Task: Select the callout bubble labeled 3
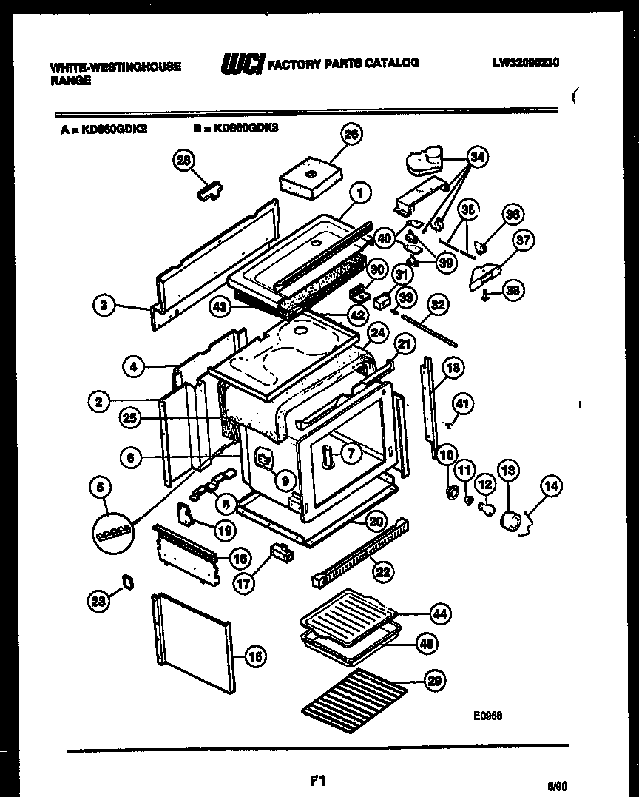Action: [x=105, y=305]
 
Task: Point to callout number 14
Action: [x=551, y=487]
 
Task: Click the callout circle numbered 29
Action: [x=435, y=681]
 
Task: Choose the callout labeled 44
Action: [x=441, y=613]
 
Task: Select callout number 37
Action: [x=524, y=240]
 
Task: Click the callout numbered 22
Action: [x=384, y=571]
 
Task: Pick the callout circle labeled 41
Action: [x=461, y=404]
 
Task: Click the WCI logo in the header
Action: [x=242, y=65]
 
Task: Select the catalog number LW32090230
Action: [x=526, y=64]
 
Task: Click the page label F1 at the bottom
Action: [x=319, y=780]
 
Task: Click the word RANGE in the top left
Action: [x=71, y=81]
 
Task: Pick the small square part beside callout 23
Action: [x=126, y=582]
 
